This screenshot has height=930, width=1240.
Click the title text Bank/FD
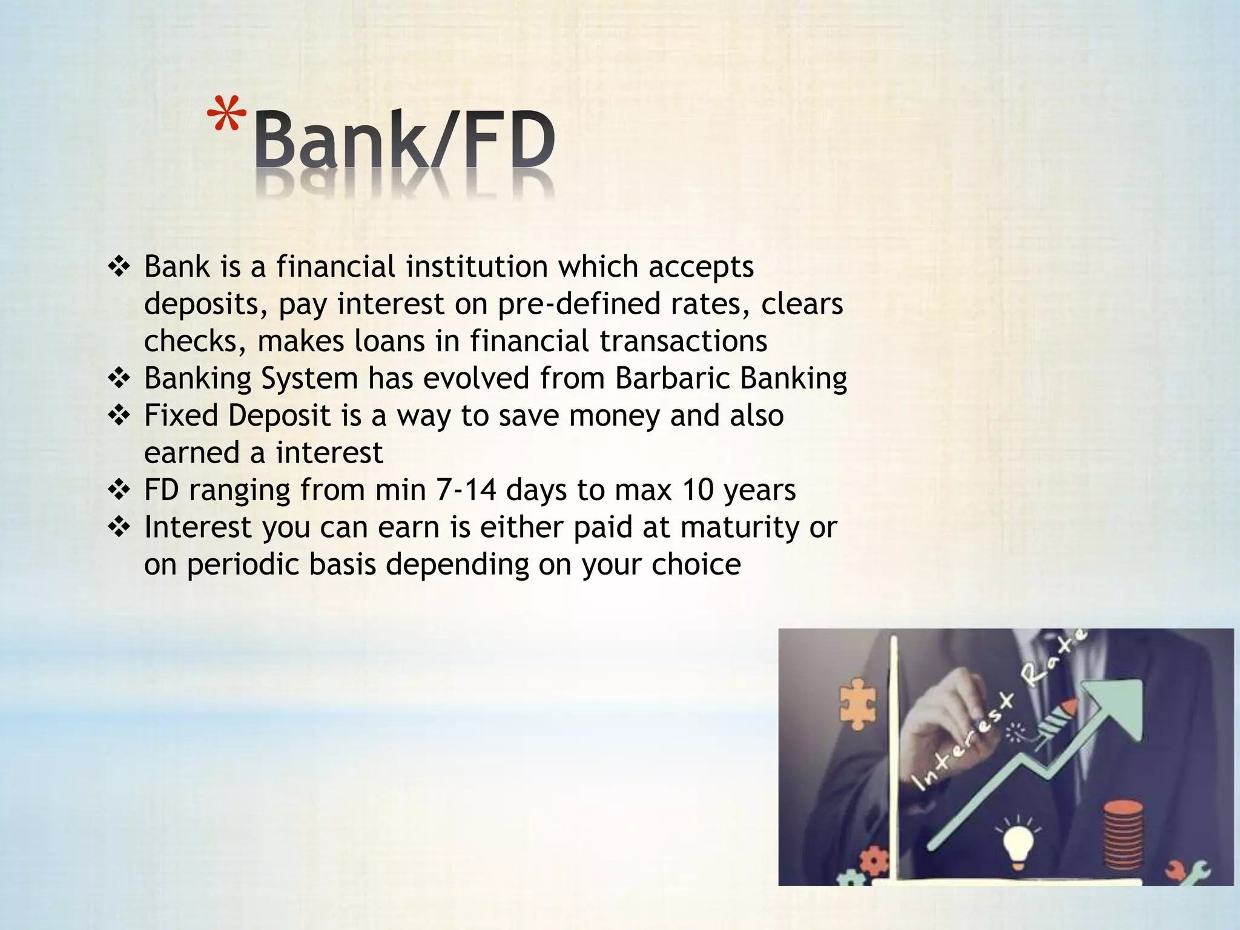404,140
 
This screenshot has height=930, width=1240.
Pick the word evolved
476,378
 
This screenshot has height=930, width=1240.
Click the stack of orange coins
1123,835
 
